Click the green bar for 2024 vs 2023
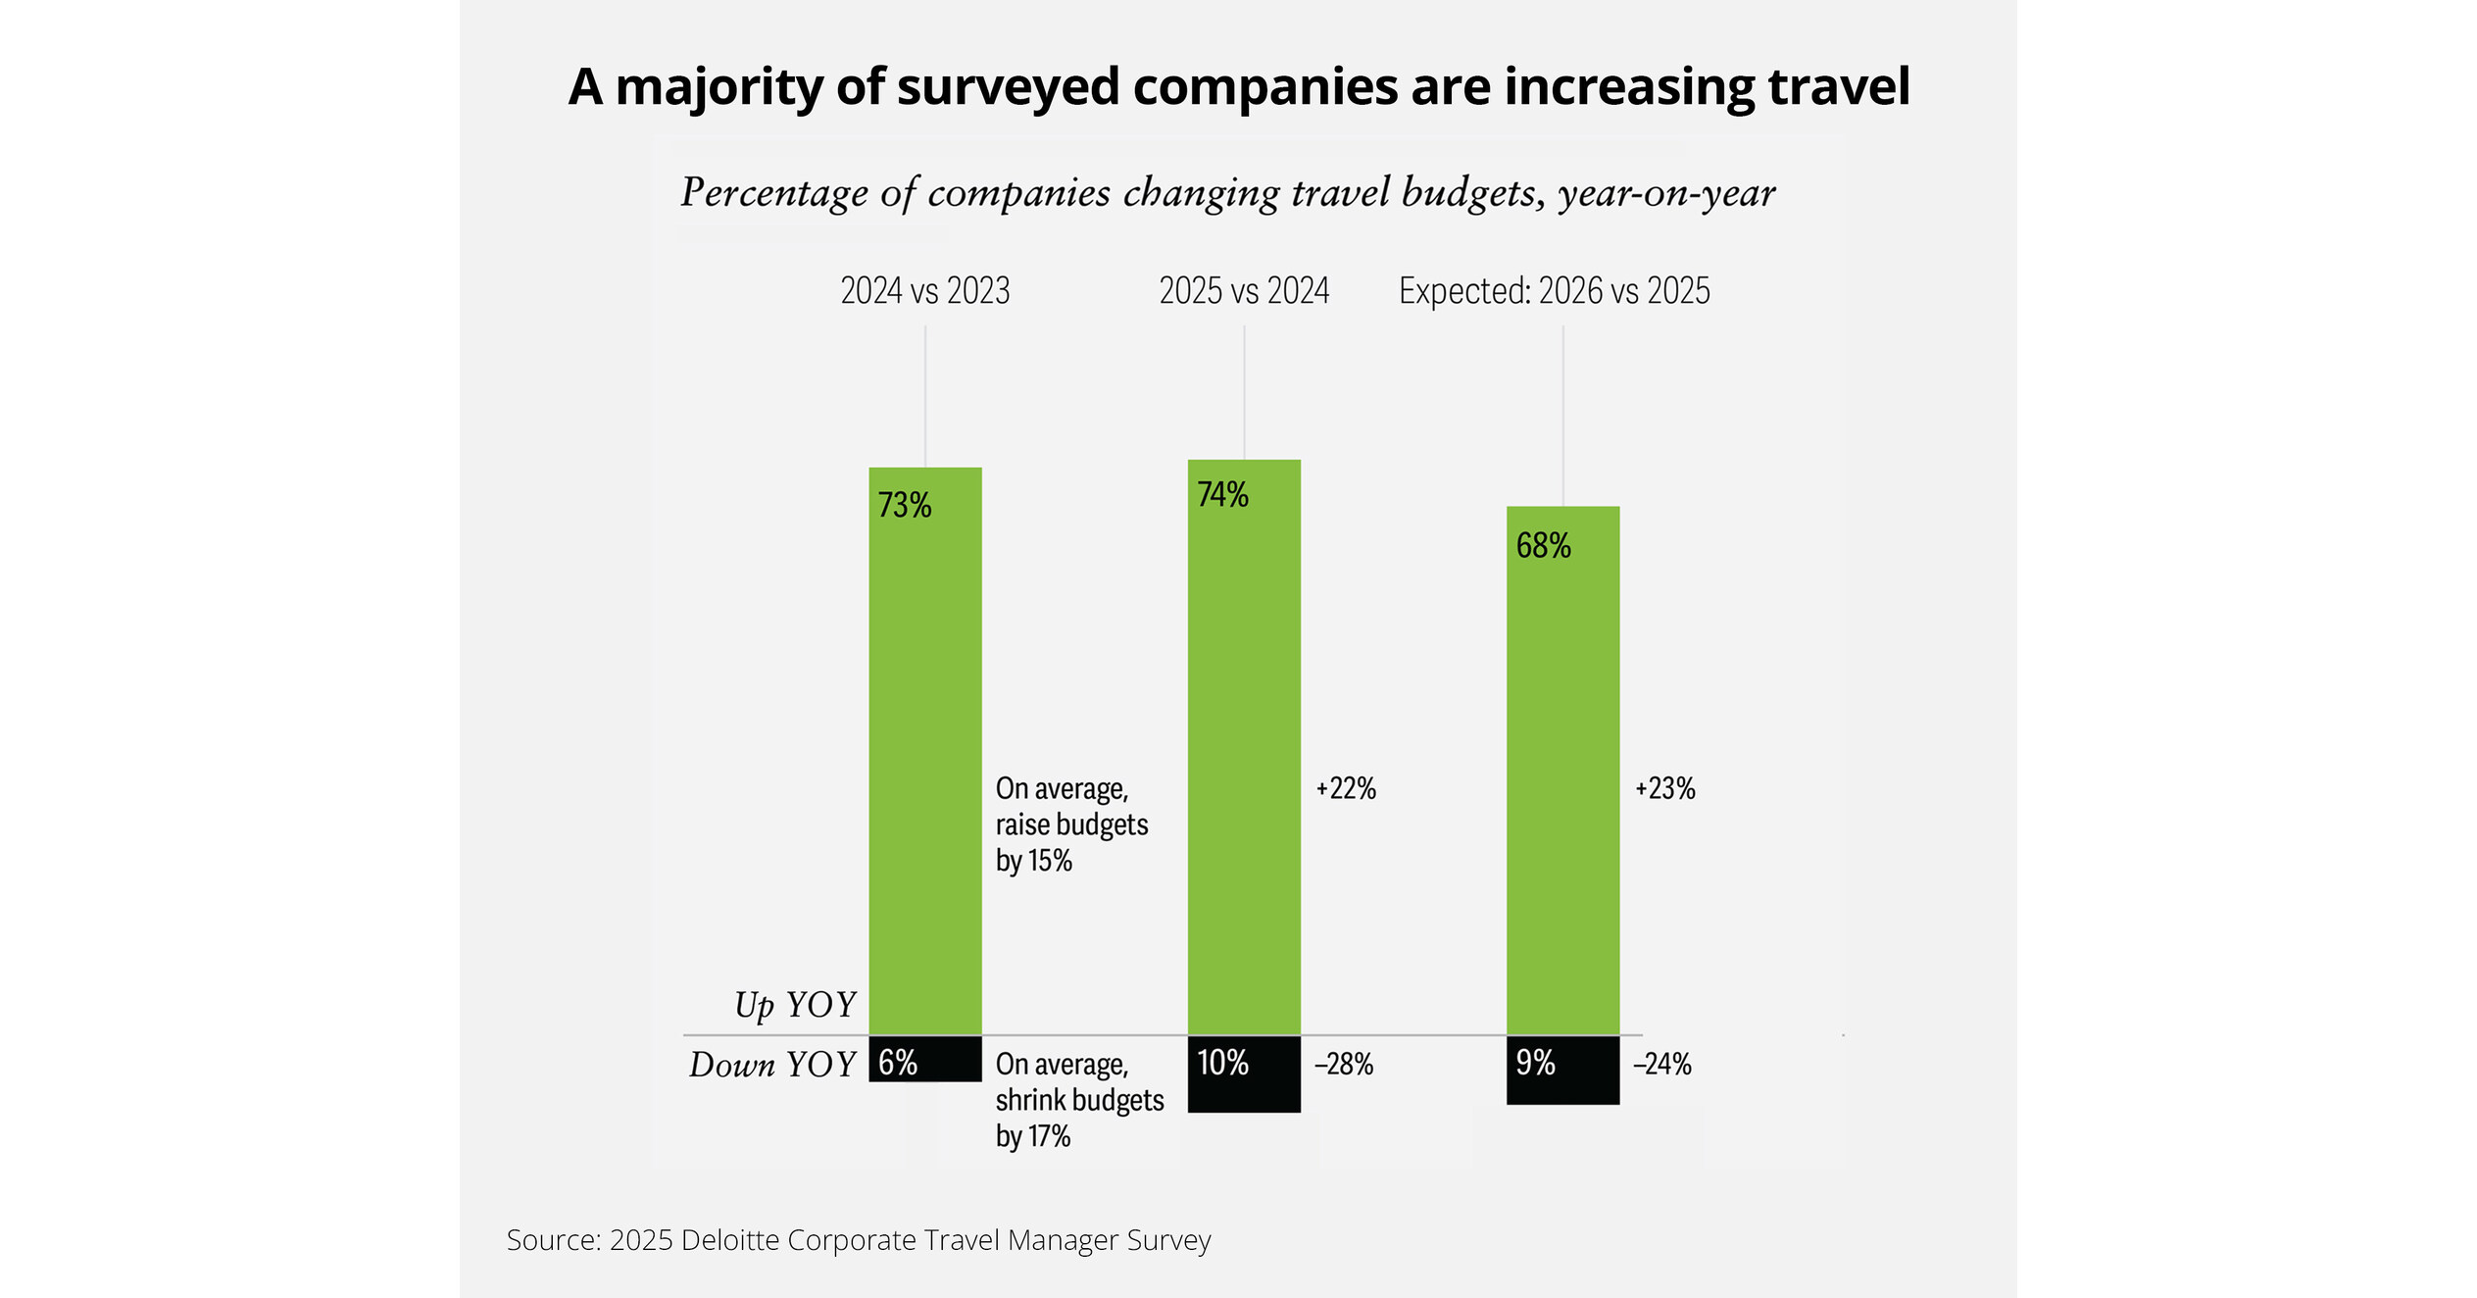(924, 750)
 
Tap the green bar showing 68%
(1562, 771)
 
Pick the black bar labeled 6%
(924, 1059)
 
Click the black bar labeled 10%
(1244, 1074)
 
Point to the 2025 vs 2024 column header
(1244, 291)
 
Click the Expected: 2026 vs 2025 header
(1554, 291)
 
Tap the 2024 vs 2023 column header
(924, 291)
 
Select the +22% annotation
(1346, 789)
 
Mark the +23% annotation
(1664, 789)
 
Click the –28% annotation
(1343, 1065)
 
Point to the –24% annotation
(1661, 1065)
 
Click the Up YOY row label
(795, 1006)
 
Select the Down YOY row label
(772, 1066)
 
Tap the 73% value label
(904, 506)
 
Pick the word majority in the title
(719, 87)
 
